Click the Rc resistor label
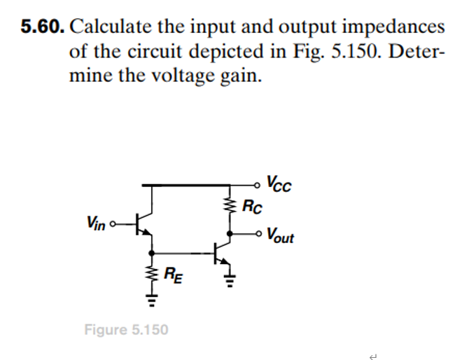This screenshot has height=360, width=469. point(253,208)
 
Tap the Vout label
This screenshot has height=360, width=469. point(280,237)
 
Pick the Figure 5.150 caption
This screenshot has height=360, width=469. point(126,328)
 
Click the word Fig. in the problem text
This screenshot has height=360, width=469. point(313,51)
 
